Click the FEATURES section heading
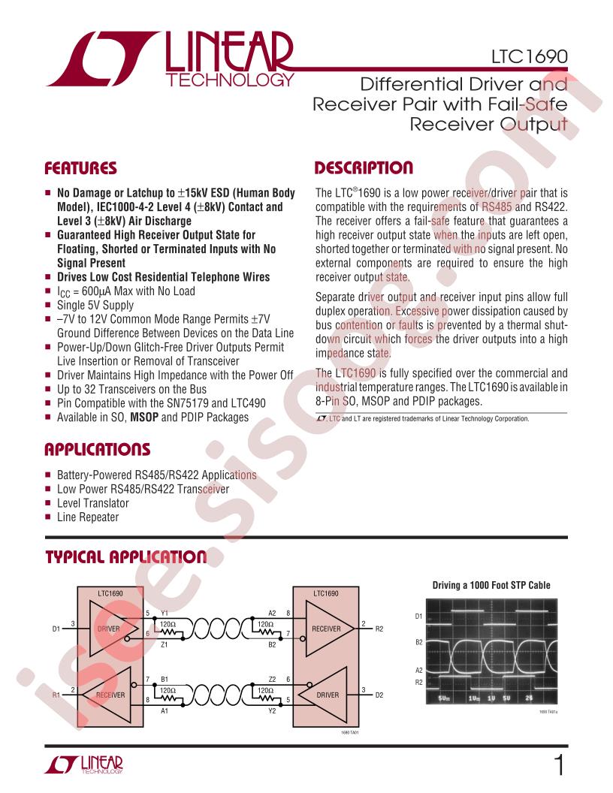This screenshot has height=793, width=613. click(80, 167)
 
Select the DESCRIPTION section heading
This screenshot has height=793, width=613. click(363, 167)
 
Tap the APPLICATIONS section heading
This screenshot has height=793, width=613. click(98, 450)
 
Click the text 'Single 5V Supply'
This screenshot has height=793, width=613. click(95, 305)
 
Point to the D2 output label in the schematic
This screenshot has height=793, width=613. click(379, 695)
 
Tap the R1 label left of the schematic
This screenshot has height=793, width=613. click(56, 695)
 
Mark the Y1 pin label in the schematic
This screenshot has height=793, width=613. click(165, 614)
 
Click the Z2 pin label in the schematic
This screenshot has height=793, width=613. click(272, 678)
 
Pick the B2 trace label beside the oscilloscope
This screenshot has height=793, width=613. click(419, 643)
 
